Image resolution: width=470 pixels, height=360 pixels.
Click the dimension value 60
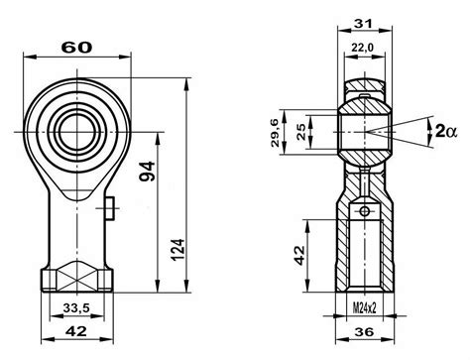click(77, 48)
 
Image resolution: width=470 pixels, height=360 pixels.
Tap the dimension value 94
click(147, 172)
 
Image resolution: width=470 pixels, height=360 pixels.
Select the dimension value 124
click(177, 250)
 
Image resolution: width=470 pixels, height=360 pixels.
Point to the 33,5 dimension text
click(76, 308)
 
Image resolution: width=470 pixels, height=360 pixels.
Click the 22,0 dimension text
click(362, 48)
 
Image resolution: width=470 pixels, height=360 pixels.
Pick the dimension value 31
click(363, 24)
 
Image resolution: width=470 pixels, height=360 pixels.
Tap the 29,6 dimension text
click(276, 133)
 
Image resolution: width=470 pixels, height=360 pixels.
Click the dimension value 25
click(301, 132)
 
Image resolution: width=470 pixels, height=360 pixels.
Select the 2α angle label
click(446, 132)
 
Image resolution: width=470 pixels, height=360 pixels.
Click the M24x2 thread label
click(364, 308)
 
